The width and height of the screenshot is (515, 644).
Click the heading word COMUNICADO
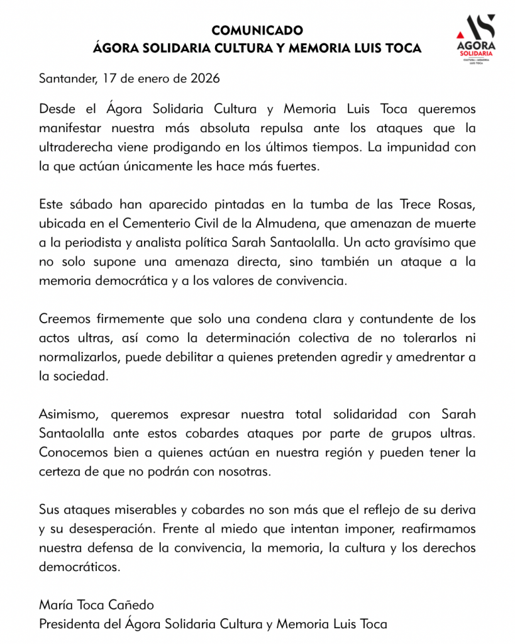(x=257, y=30)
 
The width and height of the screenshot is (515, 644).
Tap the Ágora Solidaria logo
(x=475, y=40)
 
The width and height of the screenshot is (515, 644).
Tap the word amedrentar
(x=425, y=357)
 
